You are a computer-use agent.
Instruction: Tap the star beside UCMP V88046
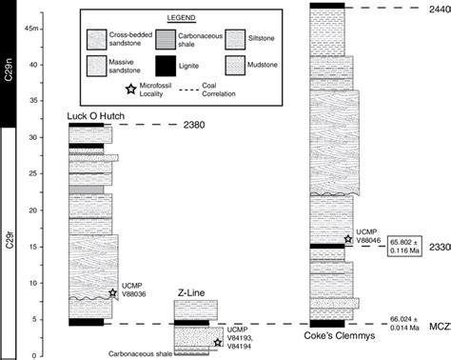tap(348, 238)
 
